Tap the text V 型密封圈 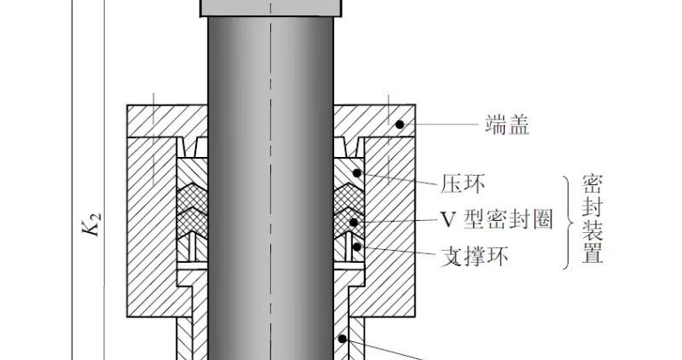tap(496, 219)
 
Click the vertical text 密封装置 tap(592, 219)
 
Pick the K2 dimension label tap(96, 228)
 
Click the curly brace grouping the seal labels tap(568, 221)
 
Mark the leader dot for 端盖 tap(399, 125)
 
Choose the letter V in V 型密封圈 tap(447, 219)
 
